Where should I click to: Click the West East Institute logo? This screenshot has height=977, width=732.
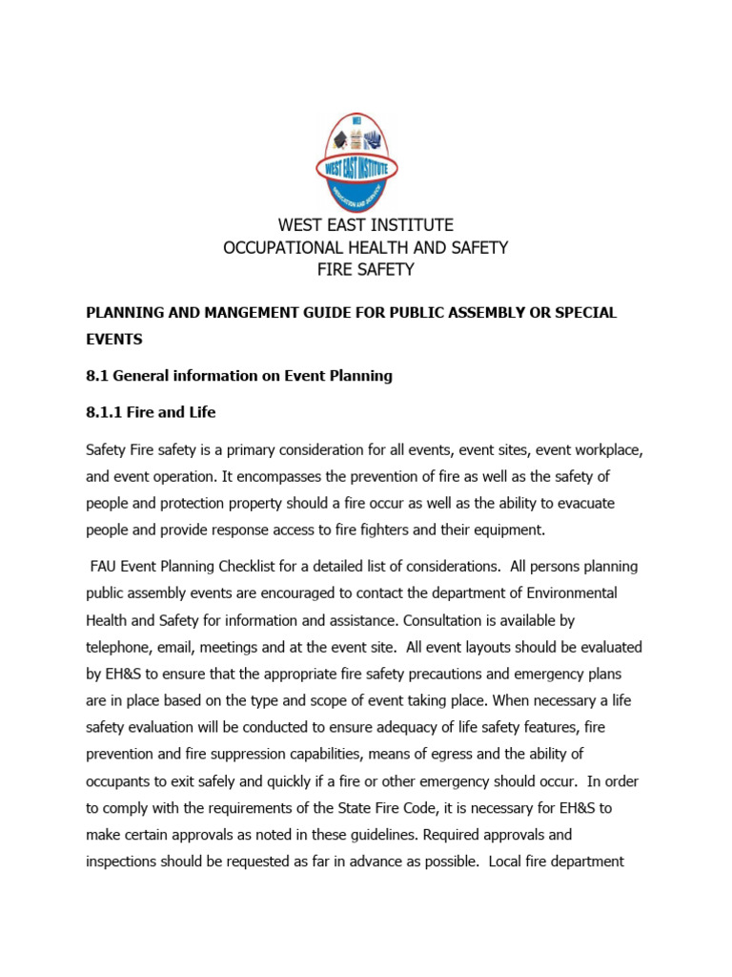[365, 163]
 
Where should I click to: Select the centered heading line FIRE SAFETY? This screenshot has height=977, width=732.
[365, 270]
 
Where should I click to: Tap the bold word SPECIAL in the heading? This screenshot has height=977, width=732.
[583, 313]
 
